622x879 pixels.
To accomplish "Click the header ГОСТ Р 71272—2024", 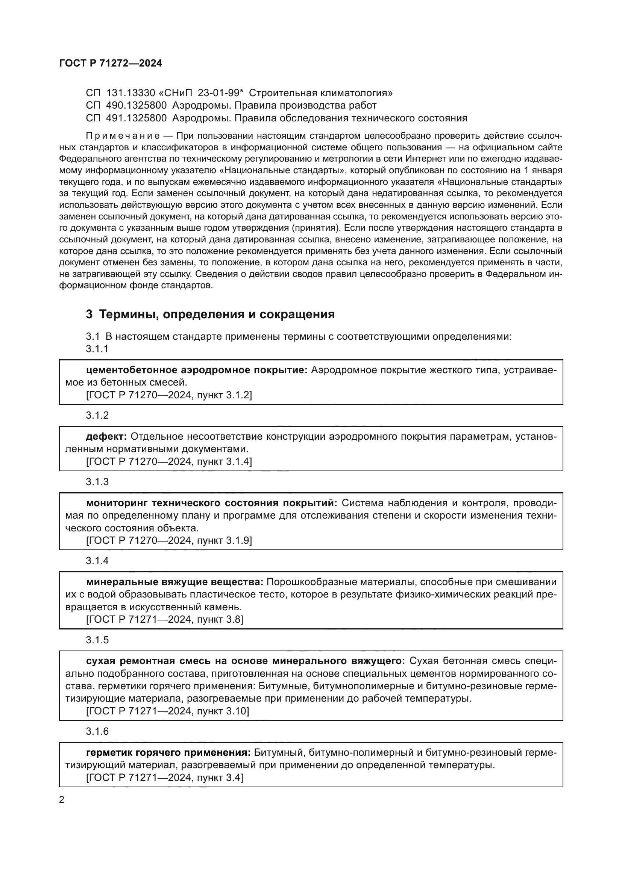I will pos(111,63).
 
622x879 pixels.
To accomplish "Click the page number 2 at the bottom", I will pos(62,799).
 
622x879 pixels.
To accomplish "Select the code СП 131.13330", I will pos(120,93).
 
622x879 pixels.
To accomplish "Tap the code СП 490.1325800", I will pos(126,105).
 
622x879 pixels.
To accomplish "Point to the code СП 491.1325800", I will pos(126,118).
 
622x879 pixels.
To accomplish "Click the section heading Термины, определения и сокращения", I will pos(216,314).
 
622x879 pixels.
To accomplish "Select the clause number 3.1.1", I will pos(97,349).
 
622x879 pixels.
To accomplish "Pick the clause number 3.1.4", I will pos(97,561).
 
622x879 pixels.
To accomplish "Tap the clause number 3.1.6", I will pos(97,732).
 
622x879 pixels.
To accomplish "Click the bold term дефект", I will pos(106,436).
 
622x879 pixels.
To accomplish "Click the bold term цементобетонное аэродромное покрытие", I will pos(196,370).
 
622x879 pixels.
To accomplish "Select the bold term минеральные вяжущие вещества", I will pos(174,582).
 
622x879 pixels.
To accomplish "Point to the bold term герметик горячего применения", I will pos(168,753).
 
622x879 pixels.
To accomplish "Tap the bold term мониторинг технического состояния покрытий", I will pos(211,503).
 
